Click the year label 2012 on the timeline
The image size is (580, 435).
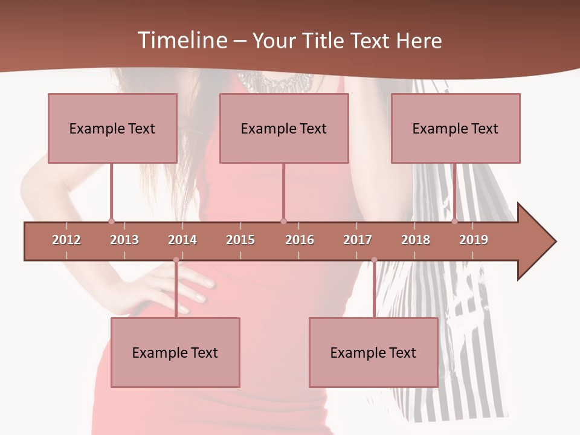[66, 240]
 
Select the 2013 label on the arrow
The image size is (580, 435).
[124, 240]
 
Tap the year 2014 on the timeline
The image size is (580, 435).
[182, 240]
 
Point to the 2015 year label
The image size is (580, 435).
[240, 240]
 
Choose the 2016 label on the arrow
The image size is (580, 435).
[300, 240]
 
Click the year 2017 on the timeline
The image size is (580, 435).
[358, 240]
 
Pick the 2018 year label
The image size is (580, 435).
[416, 240]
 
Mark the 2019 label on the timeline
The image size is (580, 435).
[474, 240]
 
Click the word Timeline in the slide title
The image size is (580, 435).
[181, 40]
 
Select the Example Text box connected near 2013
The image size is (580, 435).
[112, 128]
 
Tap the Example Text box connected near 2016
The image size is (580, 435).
[284, 128]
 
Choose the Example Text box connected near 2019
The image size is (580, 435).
[456, 128]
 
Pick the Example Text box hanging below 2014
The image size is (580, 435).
[175, 352]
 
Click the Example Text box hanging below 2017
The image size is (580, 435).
[373, 352]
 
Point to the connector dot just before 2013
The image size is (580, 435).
[111, 221]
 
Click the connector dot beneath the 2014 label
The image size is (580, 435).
[176, 260]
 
